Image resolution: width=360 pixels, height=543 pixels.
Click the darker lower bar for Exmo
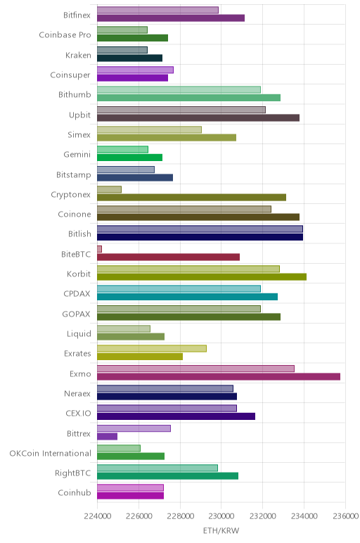219,376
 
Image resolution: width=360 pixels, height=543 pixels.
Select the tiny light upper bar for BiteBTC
99,249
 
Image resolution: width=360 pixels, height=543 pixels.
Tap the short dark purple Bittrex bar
108,436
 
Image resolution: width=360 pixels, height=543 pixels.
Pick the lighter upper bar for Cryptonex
110,189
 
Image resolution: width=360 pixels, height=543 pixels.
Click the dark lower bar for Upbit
198,117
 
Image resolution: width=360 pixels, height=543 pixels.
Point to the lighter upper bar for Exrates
152,348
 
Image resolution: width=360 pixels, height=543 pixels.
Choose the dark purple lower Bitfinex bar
171,18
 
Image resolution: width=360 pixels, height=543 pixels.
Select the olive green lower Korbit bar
202,276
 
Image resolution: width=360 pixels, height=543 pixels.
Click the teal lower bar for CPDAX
187,297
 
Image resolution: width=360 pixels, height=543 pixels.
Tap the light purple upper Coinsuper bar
135,70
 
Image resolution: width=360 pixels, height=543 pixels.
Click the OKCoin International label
50,453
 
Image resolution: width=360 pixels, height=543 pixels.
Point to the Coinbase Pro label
65,35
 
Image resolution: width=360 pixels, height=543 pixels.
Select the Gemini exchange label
77,155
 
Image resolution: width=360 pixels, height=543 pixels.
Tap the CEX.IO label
78,414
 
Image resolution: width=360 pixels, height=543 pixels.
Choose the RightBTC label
72,473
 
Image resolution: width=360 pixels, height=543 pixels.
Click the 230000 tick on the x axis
221,516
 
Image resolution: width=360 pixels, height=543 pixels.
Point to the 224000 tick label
97,516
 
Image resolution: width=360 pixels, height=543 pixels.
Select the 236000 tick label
345,516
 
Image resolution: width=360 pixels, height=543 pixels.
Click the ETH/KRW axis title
221,530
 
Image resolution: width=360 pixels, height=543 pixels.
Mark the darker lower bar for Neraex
167,397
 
